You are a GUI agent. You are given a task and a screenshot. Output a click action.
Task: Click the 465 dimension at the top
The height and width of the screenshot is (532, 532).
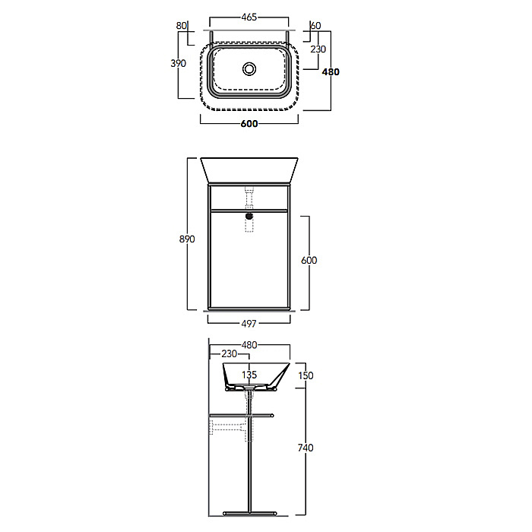coord(249,17)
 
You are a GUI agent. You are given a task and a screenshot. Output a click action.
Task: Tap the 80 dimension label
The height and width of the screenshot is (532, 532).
coord(182,26)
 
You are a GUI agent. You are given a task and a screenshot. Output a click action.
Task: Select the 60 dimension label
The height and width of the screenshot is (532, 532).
coord(316,26)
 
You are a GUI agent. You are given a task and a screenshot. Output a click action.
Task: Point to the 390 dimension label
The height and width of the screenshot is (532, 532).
coord(179,63)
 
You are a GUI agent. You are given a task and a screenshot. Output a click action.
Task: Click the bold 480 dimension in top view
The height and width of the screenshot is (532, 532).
coord(331,72)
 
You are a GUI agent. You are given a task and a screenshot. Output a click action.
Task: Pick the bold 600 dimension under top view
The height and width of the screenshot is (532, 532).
coord(249,124)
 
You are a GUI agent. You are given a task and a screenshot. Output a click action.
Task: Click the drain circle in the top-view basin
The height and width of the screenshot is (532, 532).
coord(249,69)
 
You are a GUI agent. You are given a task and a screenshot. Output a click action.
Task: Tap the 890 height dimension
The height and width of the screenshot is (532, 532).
coord(187,239)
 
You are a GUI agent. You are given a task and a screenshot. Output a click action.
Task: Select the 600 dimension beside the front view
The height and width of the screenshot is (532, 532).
coord(309,260)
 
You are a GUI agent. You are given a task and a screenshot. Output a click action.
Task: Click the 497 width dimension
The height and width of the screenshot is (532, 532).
coord(249,324)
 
